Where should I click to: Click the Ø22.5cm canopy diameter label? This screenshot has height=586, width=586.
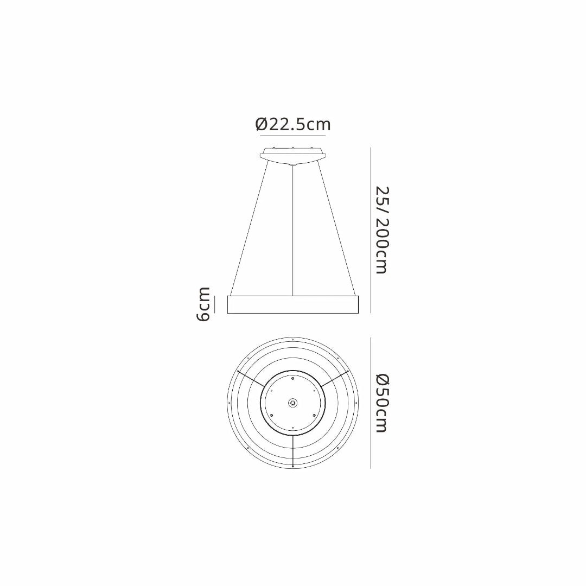tap(293, 124)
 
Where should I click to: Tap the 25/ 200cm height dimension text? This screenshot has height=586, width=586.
tap(383, 230)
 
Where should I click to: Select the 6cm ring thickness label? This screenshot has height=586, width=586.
tap(203, 304)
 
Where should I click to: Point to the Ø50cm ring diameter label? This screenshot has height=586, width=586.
tap(383, 403)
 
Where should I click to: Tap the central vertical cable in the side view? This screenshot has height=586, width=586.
tap(294, 230)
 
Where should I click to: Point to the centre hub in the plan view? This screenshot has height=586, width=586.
tap(293, 403)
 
